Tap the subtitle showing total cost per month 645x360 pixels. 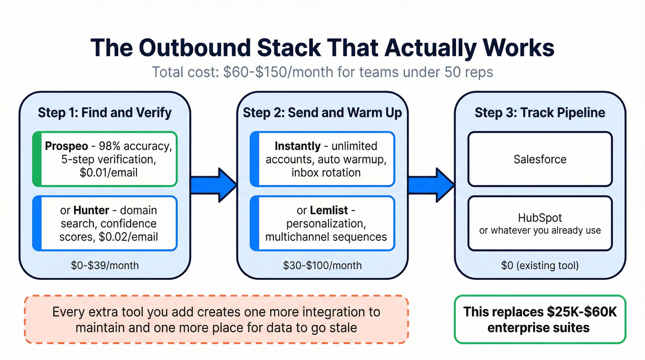click(322, 72)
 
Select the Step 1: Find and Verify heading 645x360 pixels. click(105, 112)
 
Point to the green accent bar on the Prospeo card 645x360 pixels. click(37, 159)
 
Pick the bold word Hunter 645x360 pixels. click(91, 210)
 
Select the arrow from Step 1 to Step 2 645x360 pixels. click(214, 185)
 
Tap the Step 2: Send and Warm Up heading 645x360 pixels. click(322, 112)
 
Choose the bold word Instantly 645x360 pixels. click(297, 146)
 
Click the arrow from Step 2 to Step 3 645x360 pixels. click(431, 185)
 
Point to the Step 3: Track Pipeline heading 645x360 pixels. click(540, 112)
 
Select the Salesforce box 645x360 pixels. click(540, 159)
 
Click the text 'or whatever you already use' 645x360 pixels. click(540, 230)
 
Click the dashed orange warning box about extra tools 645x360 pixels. click(216, 319)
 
